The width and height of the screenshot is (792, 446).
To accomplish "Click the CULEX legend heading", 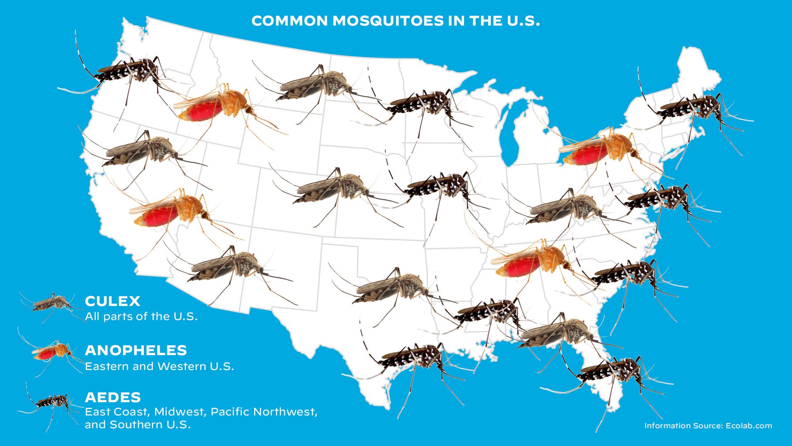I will coord(113,301).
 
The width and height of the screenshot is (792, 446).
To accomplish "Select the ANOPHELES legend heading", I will coord(136,350).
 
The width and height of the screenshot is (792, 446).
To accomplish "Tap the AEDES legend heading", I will coord(113,397).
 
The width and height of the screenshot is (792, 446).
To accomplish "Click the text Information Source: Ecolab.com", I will coord(708,426).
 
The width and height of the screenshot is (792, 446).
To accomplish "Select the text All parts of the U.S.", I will coord(141,316).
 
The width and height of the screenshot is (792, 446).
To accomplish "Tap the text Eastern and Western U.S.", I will coord(159,366).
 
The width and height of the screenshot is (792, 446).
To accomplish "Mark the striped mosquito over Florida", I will coord(610,372).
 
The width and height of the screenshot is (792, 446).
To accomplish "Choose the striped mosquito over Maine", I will coord(693,107).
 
